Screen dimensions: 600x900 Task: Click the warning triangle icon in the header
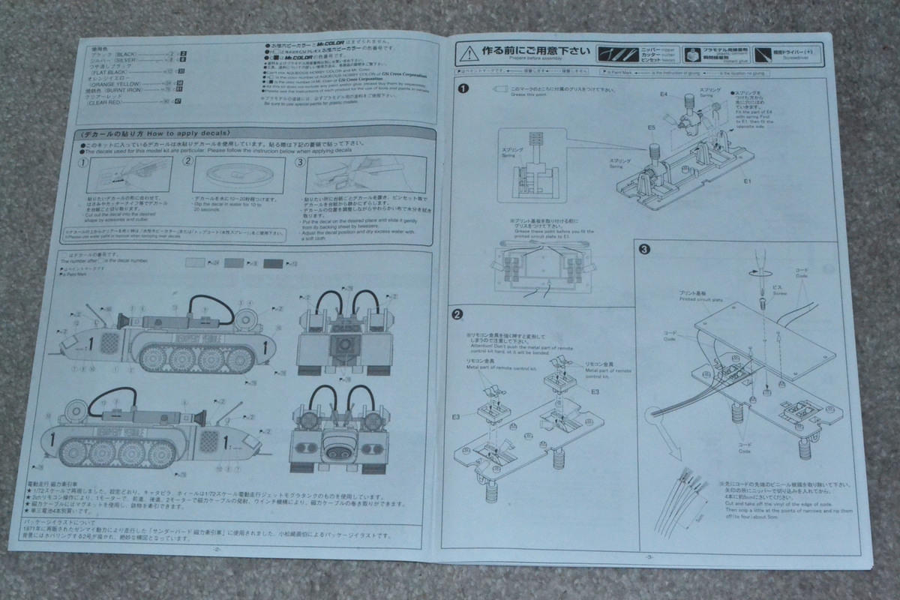[468, 53]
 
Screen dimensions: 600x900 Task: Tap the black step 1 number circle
[464, 88]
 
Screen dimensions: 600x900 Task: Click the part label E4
[664, 95]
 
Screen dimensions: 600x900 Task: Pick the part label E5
[652, 128]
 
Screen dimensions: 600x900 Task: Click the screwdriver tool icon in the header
[763, 54]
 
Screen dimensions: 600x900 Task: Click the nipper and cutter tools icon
[616, 54]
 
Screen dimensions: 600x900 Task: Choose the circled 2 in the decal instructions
[189, 160]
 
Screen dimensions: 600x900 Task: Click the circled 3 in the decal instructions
[300, 160]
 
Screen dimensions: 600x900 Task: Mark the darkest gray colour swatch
[274, 262]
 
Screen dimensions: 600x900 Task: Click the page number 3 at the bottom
[647, 556]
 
